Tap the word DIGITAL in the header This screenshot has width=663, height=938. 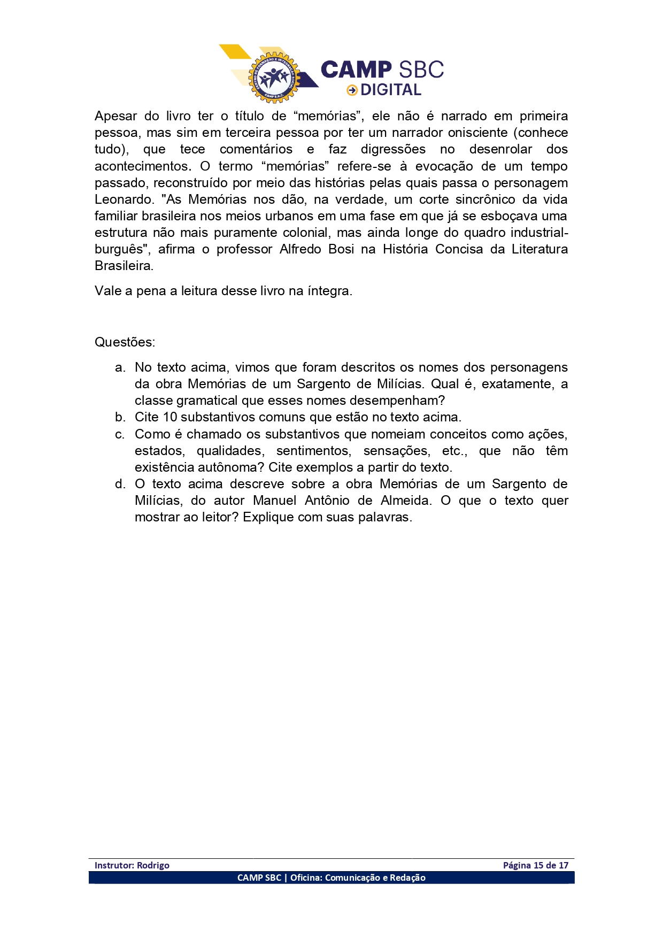pos(391,90)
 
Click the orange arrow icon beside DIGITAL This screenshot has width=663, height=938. pos(352,90)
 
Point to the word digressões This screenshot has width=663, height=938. pos(393,149)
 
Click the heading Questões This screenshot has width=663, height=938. pos(125,342)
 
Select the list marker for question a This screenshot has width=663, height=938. pos(120,368)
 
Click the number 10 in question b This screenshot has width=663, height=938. pos(170,417)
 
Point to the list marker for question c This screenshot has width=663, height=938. pos(120,434)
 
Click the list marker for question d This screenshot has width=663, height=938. pos(120,484)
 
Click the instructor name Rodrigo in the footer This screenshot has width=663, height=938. pos(153,865)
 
